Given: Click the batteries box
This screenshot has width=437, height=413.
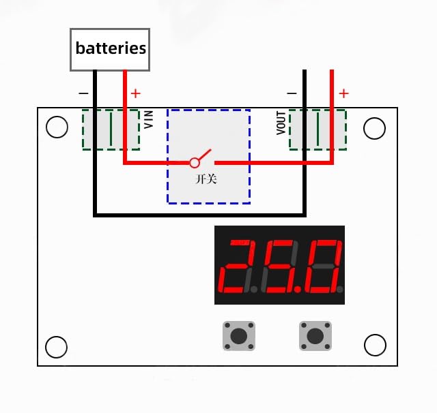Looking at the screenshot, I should (x=110, y=49).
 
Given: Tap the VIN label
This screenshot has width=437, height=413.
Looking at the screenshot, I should (x=149, y=120).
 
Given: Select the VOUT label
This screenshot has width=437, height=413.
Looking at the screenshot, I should (x=281, y=123).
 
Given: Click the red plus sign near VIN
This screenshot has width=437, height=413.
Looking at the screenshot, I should (x=135, y=93).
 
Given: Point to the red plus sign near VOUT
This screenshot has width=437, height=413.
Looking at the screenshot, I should (x=343, y=93).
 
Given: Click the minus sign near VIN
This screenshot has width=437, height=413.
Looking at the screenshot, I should (x=83, y=93).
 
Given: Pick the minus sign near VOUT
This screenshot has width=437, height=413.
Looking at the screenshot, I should (x=292, y=93).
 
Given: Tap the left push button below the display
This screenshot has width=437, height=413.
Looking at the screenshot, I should (x=239, y=336).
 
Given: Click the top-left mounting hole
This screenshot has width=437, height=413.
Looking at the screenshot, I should (x=57, y=127).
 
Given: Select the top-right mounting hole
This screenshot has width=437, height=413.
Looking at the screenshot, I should (x=375, y=127).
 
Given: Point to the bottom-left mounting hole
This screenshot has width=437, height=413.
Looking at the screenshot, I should (x=57, y=346).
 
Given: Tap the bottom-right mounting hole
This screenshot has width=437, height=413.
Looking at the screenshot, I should (x=375, y=345).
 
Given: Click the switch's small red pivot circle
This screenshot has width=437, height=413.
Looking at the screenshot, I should (x=195, y=163).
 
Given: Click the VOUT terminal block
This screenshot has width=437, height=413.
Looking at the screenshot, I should (x=318, y=129).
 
